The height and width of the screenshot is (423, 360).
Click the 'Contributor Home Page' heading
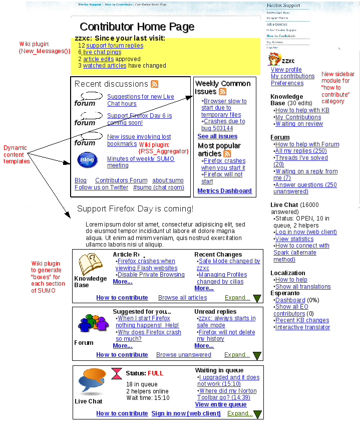137,27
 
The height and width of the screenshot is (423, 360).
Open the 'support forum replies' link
115,46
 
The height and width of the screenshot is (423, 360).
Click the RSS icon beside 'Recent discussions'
155,84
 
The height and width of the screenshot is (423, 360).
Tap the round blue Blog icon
87,160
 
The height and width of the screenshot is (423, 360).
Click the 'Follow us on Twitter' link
101,187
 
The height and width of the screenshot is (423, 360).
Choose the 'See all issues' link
217,136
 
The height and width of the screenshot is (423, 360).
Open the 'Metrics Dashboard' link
224,191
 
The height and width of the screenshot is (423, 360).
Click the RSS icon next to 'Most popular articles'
227,154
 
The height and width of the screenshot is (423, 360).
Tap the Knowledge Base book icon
90,264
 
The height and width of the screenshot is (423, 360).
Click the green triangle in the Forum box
257,356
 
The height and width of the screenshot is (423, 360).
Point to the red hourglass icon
117,373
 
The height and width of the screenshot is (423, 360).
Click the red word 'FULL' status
155,373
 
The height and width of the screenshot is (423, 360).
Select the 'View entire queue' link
221,404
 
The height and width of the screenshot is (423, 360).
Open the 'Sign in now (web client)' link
186,413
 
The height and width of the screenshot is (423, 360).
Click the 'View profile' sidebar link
286,70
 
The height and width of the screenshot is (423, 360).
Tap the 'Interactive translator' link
302,327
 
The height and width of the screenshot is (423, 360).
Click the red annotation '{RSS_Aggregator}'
163,151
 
